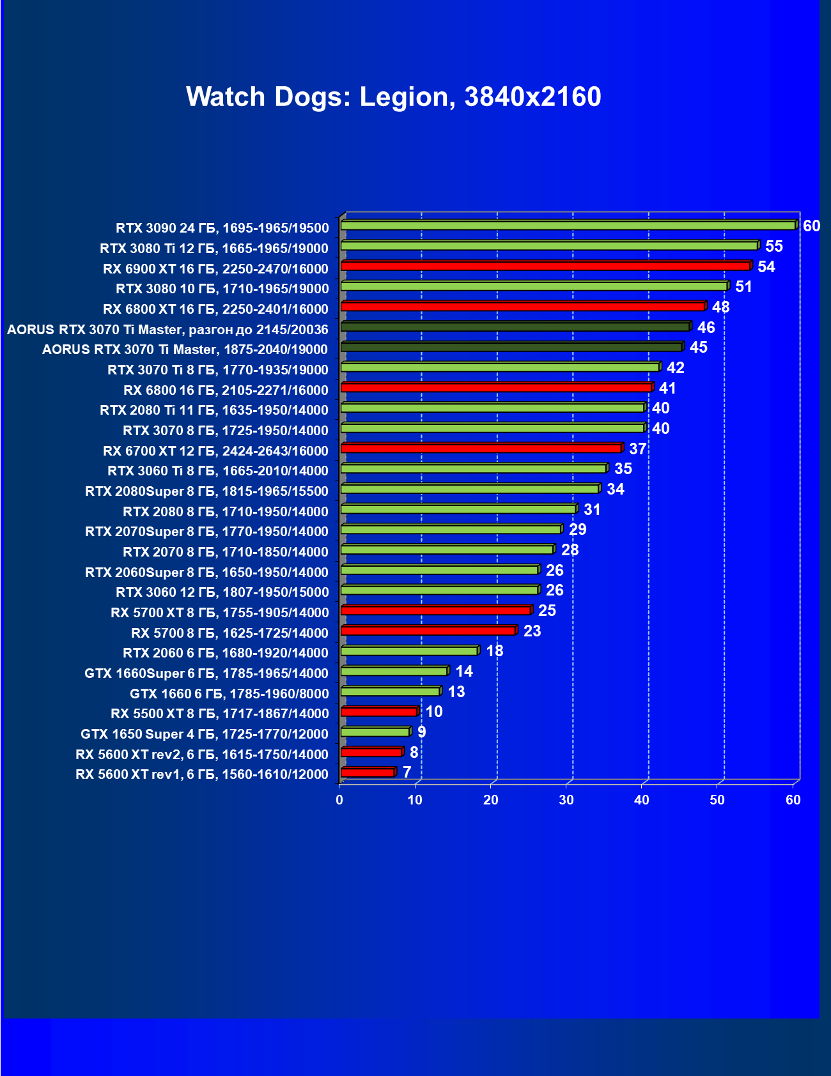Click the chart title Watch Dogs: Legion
[393, 97]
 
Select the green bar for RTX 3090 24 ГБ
[568, 226]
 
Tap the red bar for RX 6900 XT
[545, 266]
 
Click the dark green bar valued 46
[515, 327]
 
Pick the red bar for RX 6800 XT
[522, 307]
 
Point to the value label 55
[773, 247]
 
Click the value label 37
[637, 449]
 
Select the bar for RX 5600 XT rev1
[368, 773]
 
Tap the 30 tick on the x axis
[566, 800]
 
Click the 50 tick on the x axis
[717, 800]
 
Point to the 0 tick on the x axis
[339, 800]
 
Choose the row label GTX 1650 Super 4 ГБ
[205, 734]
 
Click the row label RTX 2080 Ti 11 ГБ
[214, 410]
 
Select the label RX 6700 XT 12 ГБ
[215, 451]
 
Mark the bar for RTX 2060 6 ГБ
[409, 651]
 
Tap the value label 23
[532, 631]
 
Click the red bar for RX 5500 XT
[379, 712]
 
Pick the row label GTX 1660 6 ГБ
[229, 694]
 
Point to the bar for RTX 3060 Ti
[474, 469]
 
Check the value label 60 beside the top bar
[811, 226]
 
